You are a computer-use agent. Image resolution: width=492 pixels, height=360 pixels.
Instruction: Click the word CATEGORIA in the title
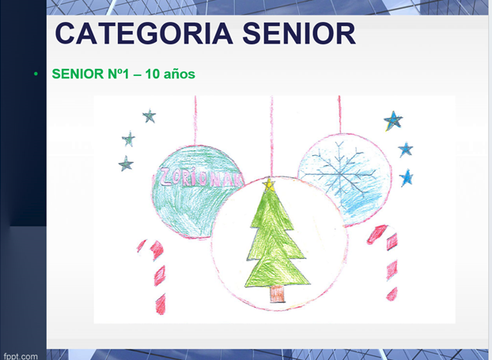click(x=144, y=33)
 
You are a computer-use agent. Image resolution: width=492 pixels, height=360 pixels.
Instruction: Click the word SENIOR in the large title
click(x=299, y=33)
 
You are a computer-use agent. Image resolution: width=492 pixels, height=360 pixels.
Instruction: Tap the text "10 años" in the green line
click(x=170, y=74)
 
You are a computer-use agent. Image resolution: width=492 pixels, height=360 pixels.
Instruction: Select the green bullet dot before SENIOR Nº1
click(x=36, y=74)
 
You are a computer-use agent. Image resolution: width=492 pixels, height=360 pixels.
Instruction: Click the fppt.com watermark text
click(x=21, y=356)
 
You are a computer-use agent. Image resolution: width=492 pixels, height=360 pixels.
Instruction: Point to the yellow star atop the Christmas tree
click(x=269, y=185)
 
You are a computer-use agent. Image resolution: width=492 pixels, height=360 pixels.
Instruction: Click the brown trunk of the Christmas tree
click(x=278, y=294)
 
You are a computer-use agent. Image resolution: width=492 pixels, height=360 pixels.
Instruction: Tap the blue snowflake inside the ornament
click(x=340, y=173)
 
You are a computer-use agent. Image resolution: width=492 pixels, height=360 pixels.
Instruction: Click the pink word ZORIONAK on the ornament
click(x=202, y=178)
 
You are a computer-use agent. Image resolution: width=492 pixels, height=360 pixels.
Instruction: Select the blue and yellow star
click(x=393, y=120)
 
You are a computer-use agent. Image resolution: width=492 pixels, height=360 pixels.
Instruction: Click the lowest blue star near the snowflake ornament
click(x=407, y=178)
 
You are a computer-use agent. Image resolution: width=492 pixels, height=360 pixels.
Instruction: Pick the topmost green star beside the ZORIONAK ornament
click(x=149, y=116)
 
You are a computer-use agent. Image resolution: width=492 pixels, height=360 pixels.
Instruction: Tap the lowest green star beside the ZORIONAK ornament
click(x=126, y=164)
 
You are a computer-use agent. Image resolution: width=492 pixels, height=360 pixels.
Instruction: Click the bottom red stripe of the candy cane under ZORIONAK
click(x=161, y=304)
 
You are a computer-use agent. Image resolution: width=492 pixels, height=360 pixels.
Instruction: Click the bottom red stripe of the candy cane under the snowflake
click(x=392, y=294)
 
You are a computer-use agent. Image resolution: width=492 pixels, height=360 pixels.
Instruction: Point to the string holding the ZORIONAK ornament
click(x=195, y=120)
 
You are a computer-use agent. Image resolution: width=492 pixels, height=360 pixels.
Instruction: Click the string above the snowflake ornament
click(x=339, y=115)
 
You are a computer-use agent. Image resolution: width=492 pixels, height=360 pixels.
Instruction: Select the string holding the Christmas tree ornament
click(x=272, y=137)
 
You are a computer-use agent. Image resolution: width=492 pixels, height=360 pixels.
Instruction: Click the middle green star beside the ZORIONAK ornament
click(x=129, y=139)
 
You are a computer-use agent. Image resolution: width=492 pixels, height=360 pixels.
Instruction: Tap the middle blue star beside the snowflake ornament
click(x=406, y=150)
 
